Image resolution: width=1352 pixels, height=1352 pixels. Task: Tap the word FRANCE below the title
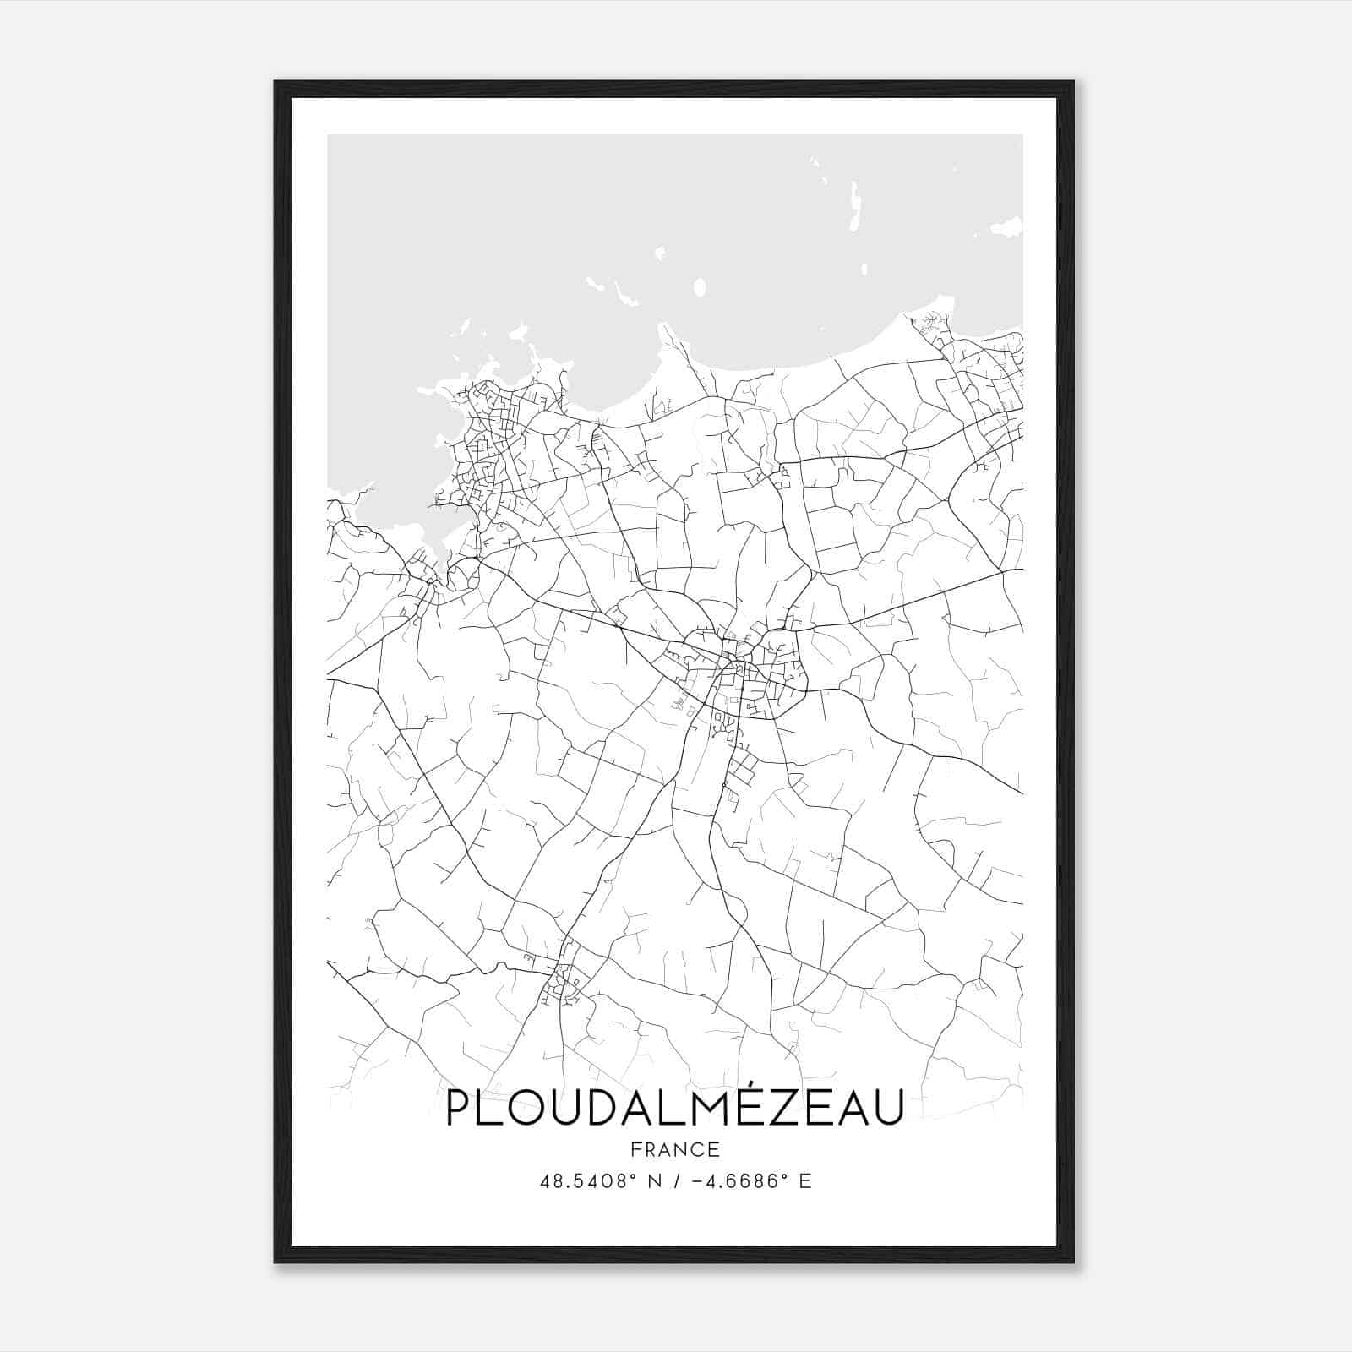675,1150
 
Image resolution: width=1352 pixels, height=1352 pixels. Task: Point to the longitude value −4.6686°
739,1181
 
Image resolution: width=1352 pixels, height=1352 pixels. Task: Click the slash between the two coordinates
675,1181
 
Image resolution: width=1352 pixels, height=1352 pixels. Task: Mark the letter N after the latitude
653,1181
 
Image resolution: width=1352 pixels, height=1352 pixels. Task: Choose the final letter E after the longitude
805,1181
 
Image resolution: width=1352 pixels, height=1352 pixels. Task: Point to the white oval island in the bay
699,288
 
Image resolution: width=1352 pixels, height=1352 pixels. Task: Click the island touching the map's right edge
1007,226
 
